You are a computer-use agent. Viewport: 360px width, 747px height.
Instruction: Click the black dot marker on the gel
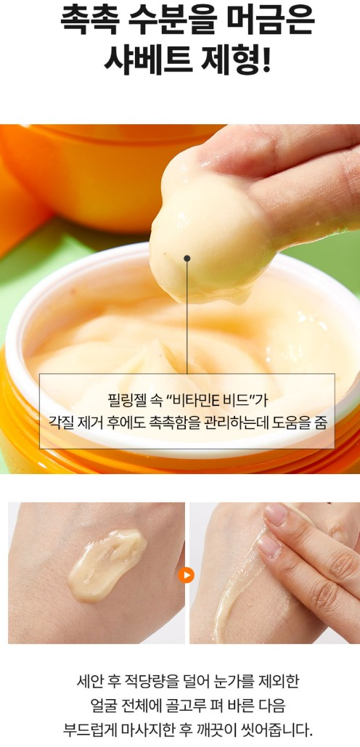pyautogui.click(x=187, y=258)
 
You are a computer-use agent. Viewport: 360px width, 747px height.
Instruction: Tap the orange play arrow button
pyautogui.click(x=187, y=575)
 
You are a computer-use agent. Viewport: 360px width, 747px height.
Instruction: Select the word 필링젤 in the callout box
pyautogui.click(x=124, y=400)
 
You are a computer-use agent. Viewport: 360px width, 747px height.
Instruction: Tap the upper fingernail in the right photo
pyautogui.click(x=277, y=515)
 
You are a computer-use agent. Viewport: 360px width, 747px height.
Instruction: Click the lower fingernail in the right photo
pyautogui.click(x=270, y=546)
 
